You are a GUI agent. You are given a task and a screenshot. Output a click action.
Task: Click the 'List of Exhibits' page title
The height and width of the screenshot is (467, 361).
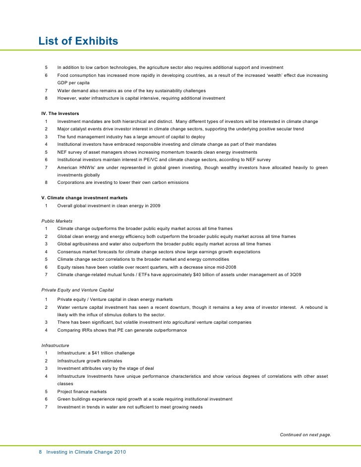click(x=78, y=41)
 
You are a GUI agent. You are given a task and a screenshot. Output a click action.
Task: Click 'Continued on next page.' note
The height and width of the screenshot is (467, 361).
click(x=305, y=435)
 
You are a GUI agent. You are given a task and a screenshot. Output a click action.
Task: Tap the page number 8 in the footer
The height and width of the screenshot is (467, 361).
click(x=41, y=453)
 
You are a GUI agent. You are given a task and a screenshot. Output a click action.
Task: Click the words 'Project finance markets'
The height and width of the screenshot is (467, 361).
click(x=82, y=392)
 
